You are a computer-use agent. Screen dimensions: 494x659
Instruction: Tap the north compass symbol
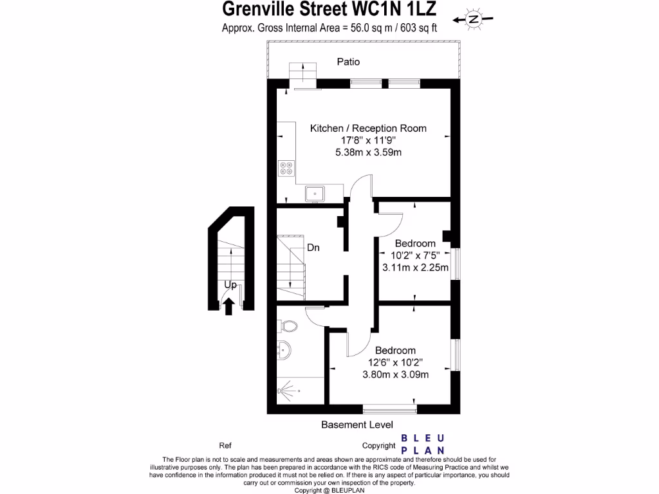[473, 19]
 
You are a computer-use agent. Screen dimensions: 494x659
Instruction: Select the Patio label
[348, 62]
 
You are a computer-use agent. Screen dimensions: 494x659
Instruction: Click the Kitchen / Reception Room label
[368, 128]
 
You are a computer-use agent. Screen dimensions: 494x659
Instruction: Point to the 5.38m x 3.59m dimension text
[368, 152]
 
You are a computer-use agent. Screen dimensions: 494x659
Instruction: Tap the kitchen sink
[317, 192]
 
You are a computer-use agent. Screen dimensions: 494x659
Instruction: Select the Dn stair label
[313, 247]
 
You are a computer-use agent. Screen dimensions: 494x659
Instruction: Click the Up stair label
[229, 284]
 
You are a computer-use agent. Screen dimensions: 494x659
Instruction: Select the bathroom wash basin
[284, 351]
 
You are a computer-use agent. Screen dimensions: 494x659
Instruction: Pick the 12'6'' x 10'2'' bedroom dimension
[395, 362]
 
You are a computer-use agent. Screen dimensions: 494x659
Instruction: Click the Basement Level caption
[357, 425]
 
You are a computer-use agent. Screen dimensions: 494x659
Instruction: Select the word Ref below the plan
[225, 445]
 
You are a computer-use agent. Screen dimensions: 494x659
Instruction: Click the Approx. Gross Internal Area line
[329, 28]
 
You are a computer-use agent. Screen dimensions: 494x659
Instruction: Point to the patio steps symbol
[302, 72]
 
